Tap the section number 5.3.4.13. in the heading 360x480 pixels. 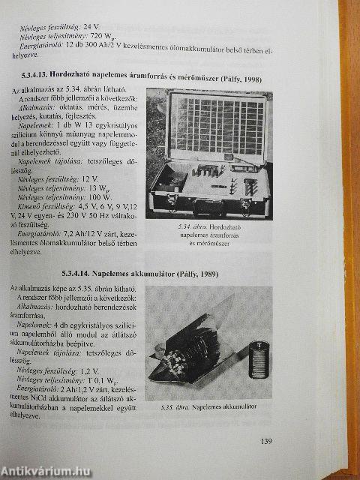44,77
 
